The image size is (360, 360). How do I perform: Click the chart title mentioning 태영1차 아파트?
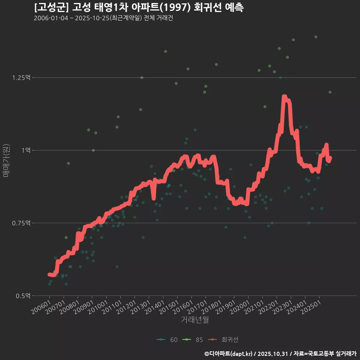pyautogui.click(x=139, y=7)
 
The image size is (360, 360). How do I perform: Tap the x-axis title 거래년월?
pyautogui.click(x=195, y=319)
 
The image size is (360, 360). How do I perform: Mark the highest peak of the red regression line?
pyautogui.click(x=284, y=97)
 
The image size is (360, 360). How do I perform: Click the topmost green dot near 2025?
pyautogui.click(x=316, y=37)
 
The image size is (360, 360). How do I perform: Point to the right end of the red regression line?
pyautogui.click(x=330, y=158)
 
